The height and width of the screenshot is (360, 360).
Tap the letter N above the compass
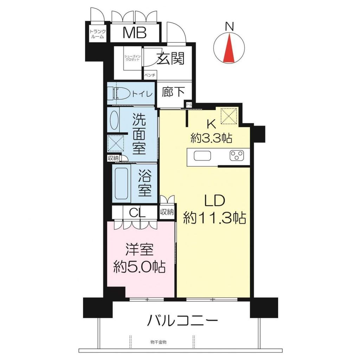(229, 26)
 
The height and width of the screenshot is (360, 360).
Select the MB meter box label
(135, 33)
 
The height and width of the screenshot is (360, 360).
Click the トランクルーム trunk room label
(97, 33)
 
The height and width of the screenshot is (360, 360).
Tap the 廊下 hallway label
(173, 92)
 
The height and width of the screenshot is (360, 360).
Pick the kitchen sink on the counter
(202, 156)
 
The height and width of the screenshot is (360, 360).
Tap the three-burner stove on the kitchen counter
(237, 156)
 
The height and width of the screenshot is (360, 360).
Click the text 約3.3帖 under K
(211, 139)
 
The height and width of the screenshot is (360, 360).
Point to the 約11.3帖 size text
(214, 219)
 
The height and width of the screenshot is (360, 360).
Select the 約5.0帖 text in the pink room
(140, 268)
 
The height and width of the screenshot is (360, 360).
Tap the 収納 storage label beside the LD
(167, 212)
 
